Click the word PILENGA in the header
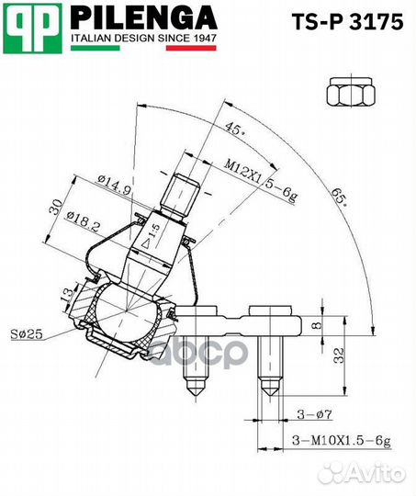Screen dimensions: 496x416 tap(144, 18)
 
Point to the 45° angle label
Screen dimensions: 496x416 tap(237, 130)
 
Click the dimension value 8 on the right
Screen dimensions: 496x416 tap(315, 324)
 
